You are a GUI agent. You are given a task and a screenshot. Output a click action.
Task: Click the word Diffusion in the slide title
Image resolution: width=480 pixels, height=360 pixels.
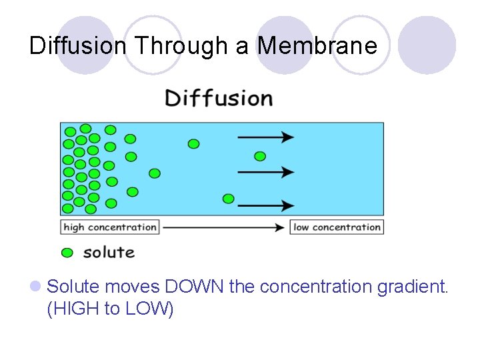[x=78, y=45]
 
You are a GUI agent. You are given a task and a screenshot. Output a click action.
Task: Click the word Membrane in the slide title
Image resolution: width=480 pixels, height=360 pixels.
[x=317, y=45]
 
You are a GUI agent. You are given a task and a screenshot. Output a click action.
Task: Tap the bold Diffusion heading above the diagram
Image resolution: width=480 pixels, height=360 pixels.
[x=219, y=98]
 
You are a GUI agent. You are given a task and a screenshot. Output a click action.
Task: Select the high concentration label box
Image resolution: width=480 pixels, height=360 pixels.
[x=110, y=227]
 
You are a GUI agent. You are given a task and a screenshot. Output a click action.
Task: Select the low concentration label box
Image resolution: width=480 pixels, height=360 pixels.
[x=337, y=227]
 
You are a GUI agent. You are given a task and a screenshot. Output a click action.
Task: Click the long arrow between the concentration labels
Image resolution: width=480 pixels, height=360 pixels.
[x=223, y=227]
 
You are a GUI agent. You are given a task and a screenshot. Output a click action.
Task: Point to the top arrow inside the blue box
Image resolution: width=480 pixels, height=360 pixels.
[x=266, y=137]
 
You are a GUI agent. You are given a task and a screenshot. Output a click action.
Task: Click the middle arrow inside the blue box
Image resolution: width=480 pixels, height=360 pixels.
[x=266, y=171]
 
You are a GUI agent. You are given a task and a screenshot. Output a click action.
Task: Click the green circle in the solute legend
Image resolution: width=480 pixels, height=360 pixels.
[x=67, y=253]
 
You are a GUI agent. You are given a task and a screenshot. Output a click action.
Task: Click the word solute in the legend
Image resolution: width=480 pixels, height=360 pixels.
[x=109, y=252]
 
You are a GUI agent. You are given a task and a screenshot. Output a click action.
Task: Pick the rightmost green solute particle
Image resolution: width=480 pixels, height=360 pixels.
[x=260, y=156]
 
